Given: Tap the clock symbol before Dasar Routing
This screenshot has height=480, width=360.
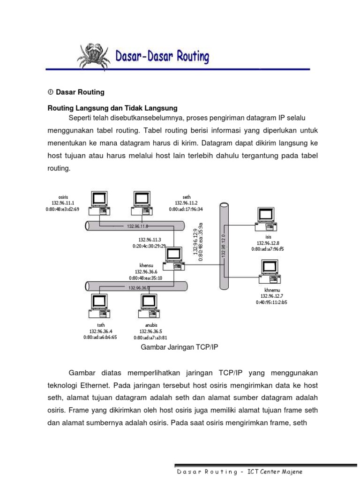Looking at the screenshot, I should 51,92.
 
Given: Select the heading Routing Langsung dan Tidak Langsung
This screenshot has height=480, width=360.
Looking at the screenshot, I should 112,108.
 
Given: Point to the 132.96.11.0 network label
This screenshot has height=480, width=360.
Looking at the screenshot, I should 137,226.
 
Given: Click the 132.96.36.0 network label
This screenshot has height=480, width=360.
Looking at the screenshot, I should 139,287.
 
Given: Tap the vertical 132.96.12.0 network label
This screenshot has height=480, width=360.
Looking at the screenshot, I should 224,246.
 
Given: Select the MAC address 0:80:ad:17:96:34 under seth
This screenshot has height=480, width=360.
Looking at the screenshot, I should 186,210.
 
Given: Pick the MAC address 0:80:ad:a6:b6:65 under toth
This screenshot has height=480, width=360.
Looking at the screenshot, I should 100,337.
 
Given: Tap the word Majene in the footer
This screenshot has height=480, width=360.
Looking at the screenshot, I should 291,472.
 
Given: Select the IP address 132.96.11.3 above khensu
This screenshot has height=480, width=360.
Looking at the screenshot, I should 149,239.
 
